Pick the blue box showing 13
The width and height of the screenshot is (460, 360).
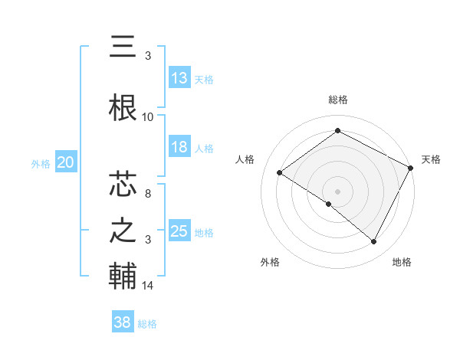(x=179, y=78)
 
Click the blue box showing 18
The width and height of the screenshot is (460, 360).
(x=179, y=147)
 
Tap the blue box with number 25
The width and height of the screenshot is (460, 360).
(x=179, y=231)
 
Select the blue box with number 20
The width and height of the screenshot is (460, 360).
(x=65, y=162)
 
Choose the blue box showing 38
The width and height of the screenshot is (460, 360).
(x=123, y=322)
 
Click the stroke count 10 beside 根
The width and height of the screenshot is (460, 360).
(x=148, y=117)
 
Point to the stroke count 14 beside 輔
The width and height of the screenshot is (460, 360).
(x=148, y=286)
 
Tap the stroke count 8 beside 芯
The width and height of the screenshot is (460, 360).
(x=148, y=195)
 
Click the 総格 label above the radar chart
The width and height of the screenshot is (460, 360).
(x=338, y=100)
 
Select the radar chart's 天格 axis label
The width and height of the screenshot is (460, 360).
(x=431, y=159)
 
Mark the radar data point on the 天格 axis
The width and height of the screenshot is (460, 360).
(x=411, y=168)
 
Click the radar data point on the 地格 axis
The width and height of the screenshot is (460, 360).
(x=374, y=242)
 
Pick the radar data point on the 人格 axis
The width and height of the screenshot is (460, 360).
(x=280, y=173)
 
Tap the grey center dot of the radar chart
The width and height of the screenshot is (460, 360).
(x=338, y=191)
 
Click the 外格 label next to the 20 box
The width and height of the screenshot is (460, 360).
(x=41, y=163)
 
